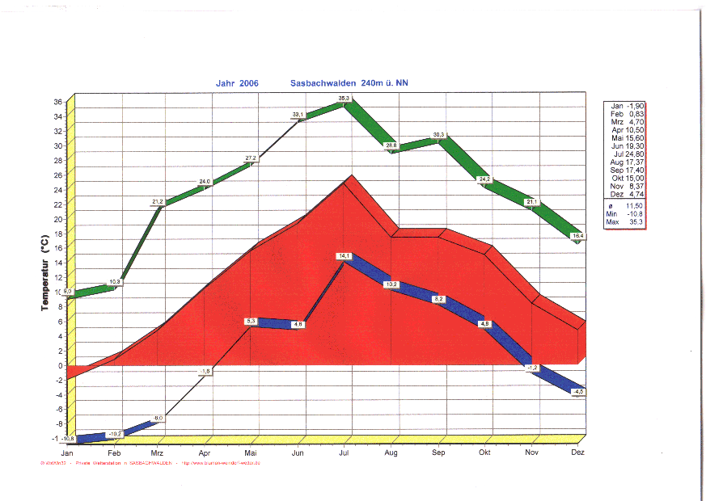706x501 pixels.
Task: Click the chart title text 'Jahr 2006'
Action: pos(237,83)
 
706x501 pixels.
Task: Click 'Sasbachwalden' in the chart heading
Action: pos(324,83)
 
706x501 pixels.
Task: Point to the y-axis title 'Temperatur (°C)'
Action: pos(45,272)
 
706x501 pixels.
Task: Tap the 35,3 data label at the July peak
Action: pos(344,99)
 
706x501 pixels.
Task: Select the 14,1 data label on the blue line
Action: pos(344,256)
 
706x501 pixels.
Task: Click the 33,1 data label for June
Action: pos(298,115)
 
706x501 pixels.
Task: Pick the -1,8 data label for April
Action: pos(205,371)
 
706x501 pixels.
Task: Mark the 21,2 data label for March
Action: pos(158,201)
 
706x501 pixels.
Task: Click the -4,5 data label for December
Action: pos(577,391)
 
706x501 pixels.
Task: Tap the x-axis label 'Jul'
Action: pos(345,453)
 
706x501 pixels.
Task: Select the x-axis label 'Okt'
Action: pos(484,453)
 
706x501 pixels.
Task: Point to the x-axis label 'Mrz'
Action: pos(157,453)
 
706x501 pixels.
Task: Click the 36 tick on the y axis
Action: pos(58,102)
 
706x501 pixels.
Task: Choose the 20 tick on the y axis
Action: pos(58,219)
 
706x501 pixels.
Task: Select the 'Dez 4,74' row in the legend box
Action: pos(627,195)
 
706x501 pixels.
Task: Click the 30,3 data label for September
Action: pos(438,134)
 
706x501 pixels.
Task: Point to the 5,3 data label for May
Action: pos(252,322)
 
